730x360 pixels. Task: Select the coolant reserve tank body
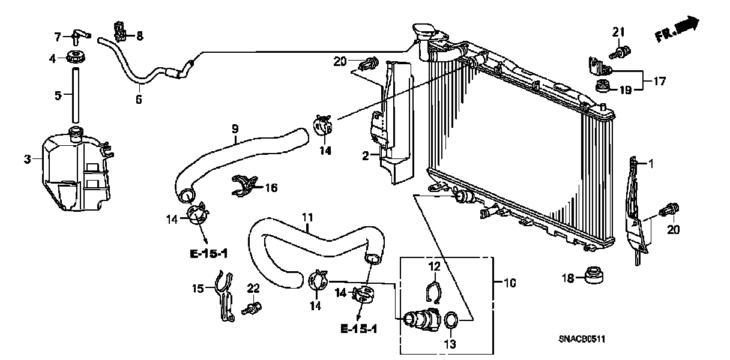[x=75, y=174]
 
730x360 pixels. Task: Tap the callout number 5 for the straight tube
[x=58, y=95]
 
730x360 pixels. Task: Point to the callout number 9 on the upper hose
[x=235, y=128]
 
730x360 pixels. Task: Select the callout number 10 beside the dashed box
[x=510, y=282]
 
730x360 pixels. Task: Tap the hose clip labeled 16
[x=244, y=186]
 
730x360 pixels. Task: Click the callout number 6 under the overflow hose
[x=139, y=100]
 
